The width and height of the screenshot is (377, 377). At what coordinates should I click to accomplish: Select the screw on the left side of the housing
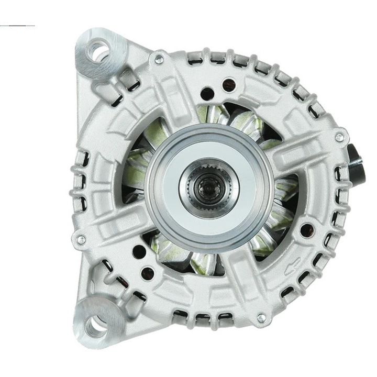click(80, 240)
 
